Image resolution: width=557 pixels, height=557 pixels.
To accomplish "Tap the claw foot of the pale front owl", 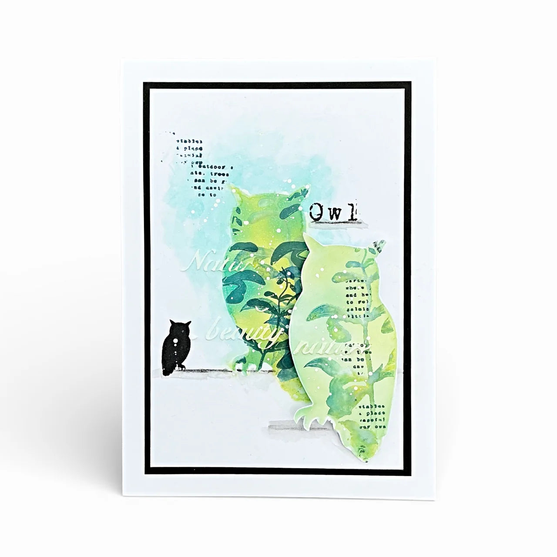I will tap(311, 415).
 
